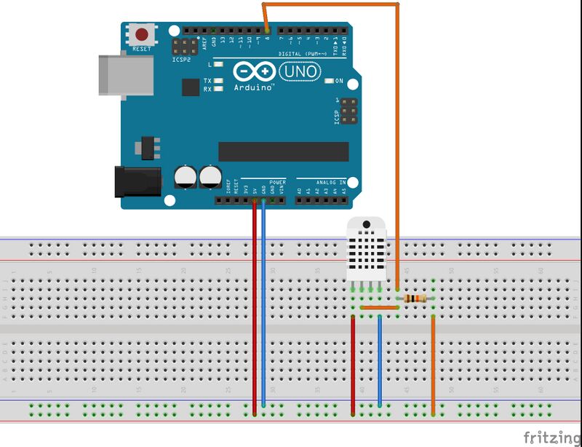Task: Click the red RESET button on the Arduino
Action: pos(141,33)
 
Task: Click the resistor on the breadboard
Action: pos(415,298)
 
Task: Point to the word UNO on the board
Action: pos(300,71)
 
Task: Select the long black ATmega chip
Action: pos(283,151)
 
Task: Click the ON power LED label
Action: pos(339,81)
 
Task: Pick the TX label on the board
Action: pos(207,81)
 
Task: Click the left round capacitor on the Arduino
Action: pos(185,176)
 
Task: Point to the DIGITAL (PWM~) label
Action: pos(302,54)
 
